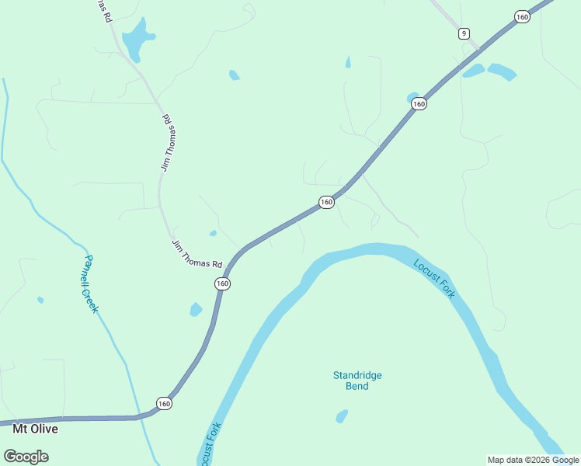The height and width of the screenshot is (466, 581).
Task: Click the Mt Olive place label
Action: point(36,428)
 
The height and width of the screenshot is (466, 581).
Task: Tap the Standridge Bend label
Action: point(357,381)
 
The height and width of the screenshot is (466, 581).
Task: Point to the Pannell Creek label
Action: point(92,283)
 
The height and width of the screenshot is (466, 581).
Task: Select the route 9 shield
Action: point(464,33)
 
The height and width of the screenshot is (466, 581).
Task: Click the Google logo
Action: point(26,456)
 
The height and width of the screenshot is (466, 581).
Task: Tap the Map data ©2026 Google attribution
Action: point(534,460)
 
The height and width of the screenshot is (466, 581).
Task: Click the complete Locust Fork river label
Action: point(434,278)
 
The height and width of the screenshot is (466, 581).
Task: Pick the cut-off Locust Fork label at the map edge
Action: point(210,444)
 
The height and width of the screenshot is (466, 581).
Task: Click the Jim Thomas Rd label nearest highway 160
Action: point(197,253)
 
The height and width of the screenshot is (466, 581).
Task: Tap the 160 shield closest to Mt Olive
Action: point(163,403)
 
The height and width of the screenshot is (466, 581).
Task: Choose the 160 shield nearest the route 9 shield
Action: point(522,16)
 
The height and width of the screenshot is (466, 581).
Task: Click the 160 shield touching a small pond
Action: point(419,104)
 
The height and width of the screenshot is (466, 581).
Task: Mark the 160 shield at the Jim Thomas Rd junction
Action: point(222,283)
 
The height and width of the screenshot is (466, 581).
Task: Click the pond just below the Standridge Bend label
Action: point(342,417)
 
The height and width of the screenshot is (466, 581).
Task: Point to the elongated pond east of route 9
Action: point(502,72)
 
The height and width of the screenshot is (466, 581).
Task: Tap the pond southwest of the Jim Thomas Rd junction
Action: point(196,309)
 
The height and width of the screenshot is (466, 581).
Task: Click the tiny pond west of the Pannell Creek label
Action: point(40,300)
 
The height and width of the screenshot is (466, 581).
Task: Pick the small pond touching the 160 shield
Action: point(412,97)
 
